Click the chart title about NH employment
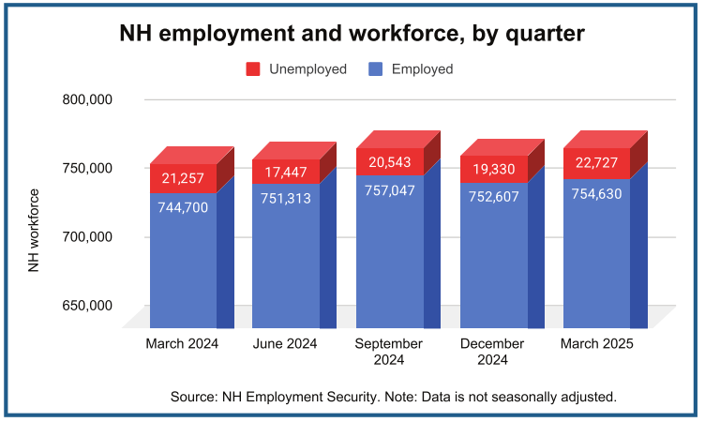pos(352,33)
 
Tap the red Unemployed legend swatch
pos(253,69)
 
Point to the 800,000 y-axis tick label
pos(87,99)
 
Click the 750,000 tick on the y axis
pos(87,168)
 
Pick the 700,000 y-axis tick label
pos(87,236)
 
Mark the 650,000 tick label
pos(87,305)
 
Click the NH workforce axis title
pos(34,231)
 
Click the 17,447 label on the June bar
pos(286,173)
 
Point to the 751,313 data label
pos(286,198)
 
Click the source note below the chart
pos(393,397)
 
